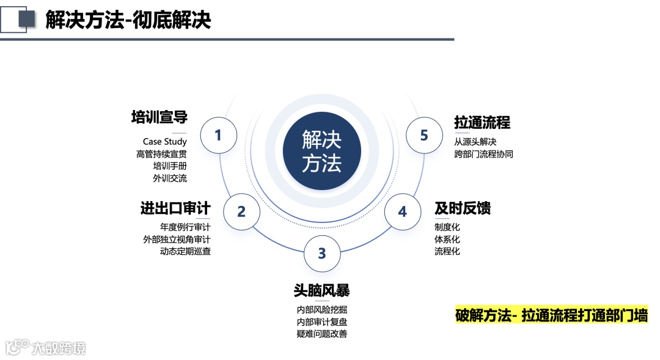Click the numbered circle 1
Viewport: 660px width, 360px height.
pyautogui.click(x=218, y=135)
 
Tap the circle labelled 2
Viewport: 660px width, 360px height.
pyautogui.click(x=241, y=211)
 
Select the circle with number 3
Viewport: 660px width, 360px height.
pyautogui.click(x=322, y=253)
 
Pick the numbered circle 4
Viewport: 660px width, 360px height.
pyautogui.click(x=402, y=211)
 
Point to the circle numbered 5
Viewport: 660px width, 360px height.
pyautogui.click(x=424, y=135)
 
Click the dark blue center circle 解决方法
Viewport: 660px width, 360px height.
pyautogui.click(x=322, y=151)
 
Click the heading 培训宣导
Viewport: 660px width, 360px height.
pyautogui.click(x=159, y=117)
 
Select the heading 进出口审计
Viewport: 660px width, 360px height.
pyautogui.click(x=175, y=208)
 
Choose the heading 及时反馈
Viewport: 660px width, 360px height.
pyautogui.click(x=463, y=208)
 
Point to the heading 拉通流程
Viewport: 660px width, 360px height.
pyautogui.click(x=482, y=122)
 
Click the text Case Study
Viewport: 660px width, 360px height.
pyautogui.click(x=165, y=142)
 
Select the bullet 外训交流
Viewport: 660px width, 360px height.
pyautogui.click(x=170, y=178)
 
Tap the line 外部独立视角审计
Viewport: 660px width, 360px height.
pyautogui.click(x=177, y=239)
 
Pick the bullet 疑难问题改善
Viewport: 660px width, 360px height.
pyautogui.click(x=322, y=334)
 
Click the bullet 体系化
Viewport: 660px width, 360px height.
pyautogui.click(x=447, y=239)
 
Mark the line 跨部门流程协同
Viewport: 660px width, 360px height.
pyautogui.click(x=483, y=154)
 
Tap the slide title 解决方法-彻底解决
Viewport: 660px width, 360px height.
pyautogui.click(x=128, y=20)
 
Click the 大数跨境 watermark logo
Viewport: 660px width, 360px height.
pyautogui.click(x=46, y=348)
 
